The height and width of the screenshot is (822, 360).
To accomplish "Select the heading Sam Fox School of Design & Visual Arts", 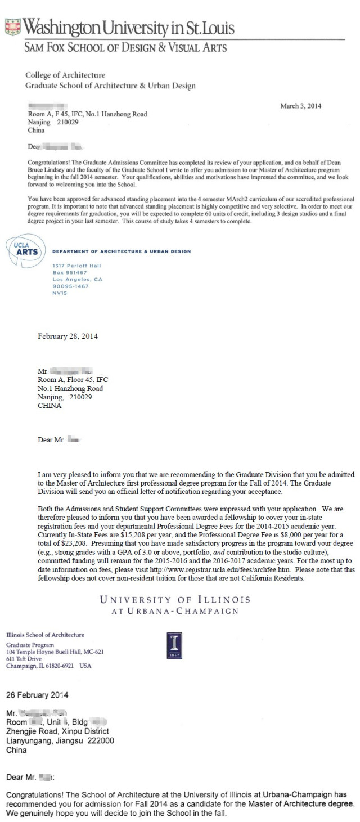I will (x=125, y=47).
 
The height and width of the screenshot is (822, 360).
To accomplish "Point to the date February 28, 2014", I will (x=67, y=336).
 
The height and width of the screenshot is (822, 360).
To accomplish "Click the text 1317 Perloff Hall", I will (x=76, y=265).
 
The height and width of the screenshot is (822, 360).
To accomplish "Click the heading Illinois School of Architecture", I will (x=45, y=635).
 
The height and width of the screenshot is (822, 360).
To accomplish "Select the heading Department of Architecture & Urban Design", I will (x=121, y=251).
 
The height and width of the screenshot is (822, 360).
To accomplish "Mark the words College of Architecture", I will (x=65, y=75).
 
